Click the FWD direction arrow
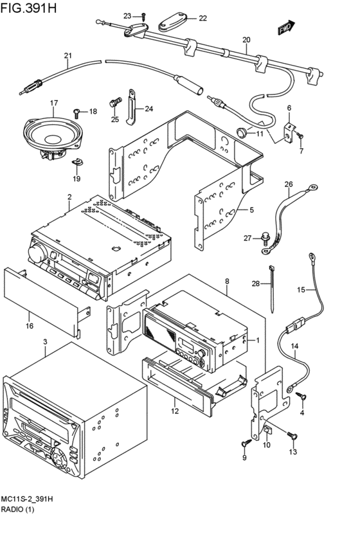pos(287,28)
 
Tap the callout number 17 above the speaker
pos(54,103)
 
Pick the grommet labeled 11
pos(242,132)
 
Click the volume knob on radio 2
pos(38,253)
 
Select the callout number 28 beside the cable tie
pos(256,283)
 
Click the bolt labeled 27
pos(265,238)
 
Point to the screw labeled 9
pos(246,442)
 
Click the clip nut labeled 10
pos(267,430)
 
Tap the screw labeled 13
pos(292,435)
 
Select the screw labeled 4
pos(301,396)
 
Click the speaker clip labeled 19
pos(76,161)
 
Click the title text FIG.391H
pos(28,8)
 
